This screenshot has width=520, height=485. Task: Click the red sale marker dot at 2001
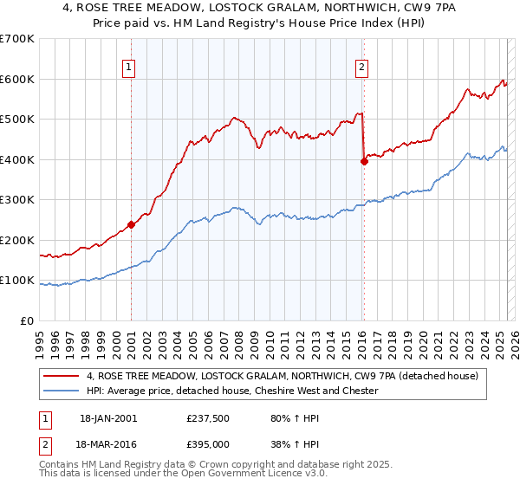(x=131, y=224)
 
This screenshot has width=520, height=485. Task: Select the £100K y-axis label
(x=17, y=280)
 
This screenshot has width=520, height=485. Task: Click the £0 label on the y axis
(x=26, y=320)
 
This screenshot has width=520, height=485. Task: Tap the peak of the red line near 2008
(x=232, y=117)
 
